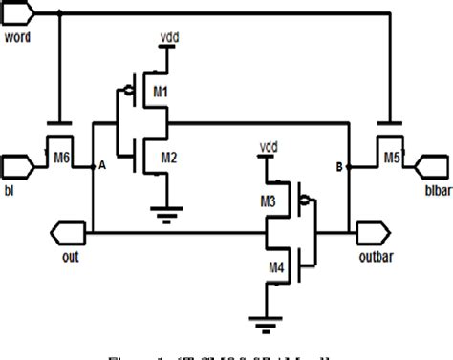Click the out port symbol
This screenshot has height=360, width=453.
pos(64,229)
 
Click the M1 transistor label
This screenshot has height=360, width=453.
pos(162,94)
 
